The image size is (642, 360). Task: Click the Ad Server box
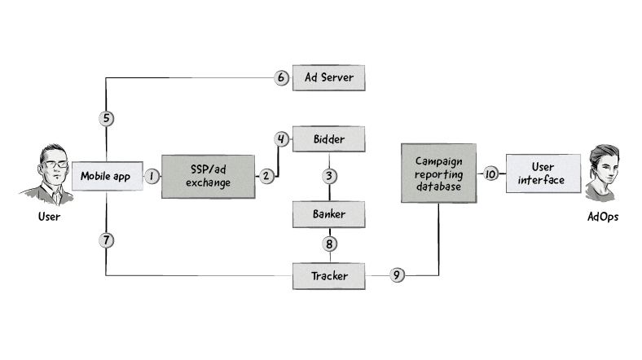329,78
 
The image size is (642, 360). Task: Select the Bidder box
329,139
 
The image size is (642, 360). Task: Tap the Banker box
329,215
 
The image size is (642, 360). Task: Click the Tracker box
329,276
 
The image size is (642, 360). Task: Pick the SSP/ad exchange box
207,176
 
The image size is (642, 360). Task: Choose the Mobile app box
107,176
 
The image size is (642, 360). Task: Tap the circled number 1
152,176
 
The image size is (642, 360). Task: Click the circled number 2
266,176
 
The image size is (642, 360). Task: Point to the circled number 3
329,176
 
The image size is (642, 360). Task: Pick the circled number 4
281,139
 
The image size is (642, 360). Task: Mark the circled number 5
107,119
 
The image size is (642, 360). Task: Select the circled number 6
281,78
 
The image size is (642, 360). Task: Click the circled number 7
107,240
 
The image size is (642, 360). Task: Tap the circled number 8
329,244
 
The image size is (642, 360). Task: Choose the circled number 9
397,276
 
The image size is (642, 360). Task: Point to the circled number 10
490,173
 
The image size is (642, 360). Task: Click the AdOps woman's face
602,169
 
